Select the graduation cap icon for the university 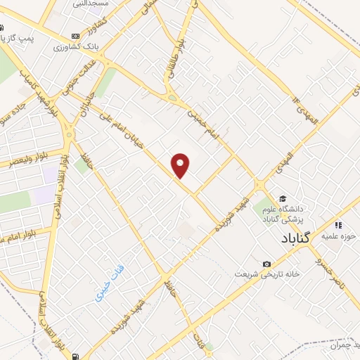(x=283, y=198)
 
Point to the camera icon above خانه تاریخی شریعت (x=266, y=264)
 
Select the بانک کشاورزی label (x=72, y=46)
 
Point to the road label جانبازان (x=83, y=99)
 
